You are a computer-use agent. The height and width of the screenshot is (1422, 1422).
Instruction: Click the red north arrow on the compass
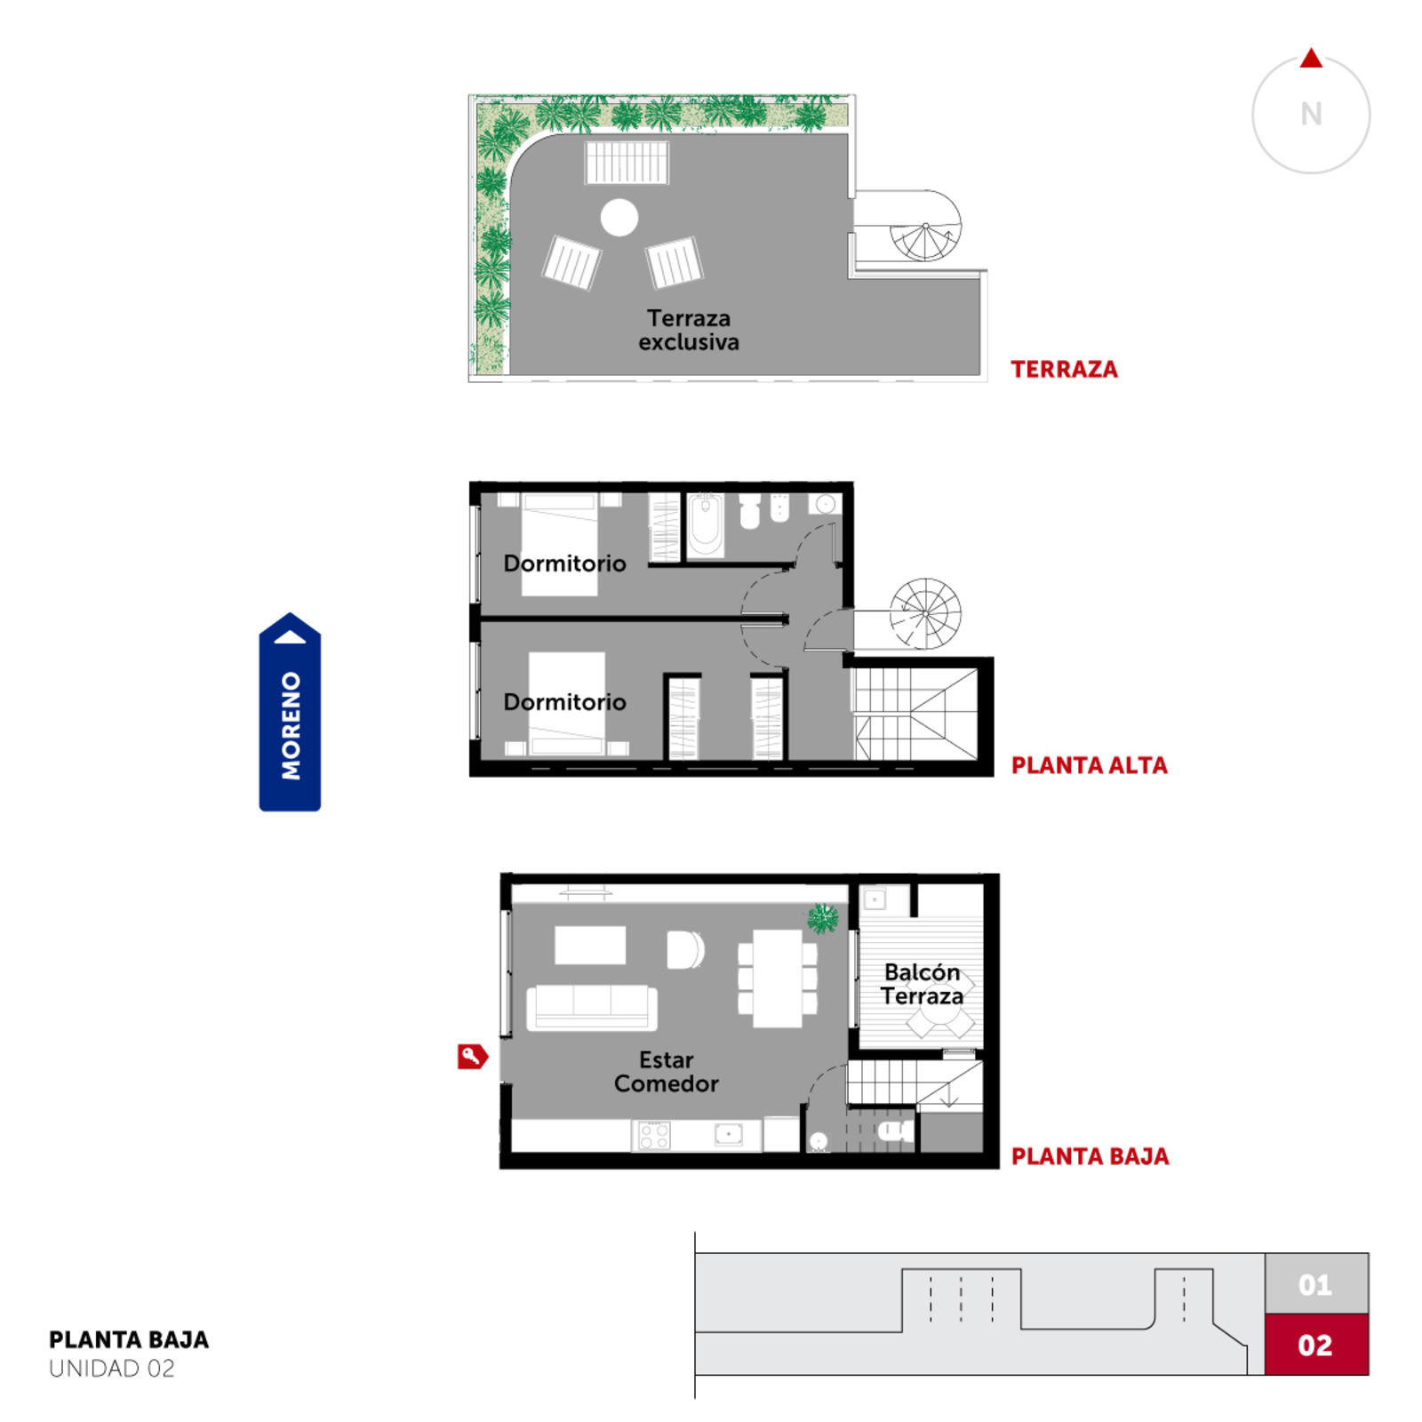[x=1311, y=59]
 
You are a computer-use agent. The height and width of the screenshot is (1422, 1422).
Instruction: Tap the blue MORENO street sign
[x=290, y=712]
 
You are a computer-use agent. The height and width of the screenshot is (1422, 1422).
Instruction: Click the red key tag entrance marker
[x=472, y=1056]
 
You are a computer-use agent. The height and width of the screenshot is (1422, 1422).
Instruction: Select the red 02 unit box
[x=1316, y=1345]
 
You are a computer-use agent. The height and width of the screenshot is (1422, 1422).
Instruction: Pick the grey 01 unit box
[x=1316, y=1284]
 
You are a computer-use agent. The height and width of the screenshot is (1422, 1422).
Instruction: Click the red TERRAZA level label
[x=1064, y=370]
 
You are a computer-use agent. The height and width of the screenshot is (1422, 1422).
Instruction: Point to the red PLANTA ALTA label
[x=1090, y=765]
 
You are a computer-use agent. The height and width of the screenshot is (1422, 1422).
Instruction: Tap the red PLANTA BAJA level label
[x=1090, y=1156]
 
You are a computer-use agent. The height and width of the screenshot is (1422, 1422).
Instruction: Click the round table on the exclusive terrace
[x=619, y=217]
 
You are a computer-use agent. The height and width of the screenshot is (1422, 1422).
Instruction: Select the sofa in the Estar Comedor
[x=592, y=1008]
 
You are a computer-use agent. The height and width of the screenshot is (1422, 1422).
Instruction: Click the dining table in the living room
[x=778, y=979]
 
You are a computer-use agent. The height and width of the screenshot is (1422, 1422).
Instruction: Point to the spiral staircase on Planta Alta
[x=925, y=613]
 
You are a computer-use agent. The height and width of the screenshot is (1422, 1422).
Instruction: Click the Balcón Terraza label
[x=923, y=984]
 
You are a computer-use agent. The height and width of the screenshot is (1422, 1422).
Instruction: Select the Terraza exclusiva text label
[x=689, y=330]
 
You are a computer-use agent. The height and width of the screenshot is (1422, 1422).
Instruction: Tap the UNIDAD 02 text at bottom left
[x=112, y=1369]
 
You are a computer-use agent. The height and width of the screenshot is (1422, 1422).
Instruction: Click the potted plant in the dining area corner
[x=823, y=918]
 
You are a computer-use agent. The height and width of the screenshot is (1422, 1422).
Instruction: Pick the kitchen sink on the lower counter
[x=729, y=1134]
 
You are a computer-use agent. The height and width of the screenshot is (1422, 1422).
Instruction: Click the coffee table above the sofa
[x=590, y=945]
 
